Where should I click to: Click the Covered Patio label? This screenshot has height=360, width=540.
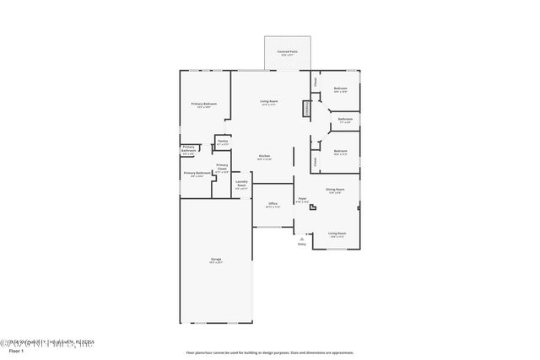coord(286,52)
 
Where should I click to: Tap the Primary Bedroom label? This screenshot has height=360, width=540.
coord(205,105)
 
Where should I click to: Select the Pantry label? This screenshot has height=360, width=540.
coord(223,142)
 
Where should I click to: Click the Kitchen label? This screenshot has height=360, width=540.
coord(264,157)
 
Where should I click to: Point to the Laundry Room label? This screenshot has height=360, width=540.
coord(241,185)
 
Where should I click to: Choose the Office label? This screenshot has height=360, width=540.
coord(273,204)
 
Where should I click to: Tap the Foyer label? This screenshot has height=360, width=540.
coord(301,200)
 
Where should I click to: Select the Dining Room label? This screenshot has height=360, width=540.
coord(334,191)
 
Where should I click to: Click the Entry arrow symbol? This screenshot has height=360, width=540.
coord(302,239)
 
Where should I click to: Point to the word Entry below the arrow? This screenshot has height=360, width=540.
coord(302,244)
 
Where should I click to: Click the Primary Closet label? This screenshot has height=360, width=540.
coord(222,168)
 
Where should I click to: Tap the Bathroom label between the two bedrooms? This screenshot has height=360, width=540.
coord(345,120)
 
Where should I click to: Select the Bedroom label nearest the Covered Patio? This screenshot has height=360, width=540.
coord(340,89)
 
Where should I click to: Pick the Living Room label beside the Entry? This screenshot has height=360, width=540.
coord(337,234)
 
